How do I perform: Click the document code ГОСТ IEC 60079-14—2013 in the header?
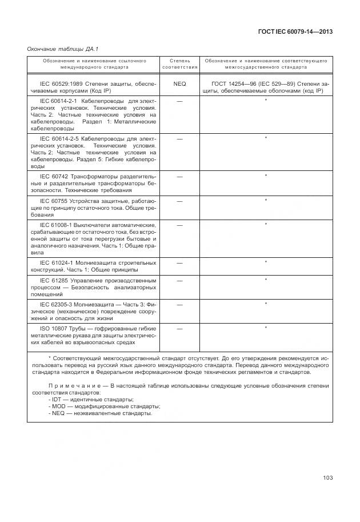(x=296, y=32)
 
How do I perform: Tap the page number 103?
(x=327, y=477)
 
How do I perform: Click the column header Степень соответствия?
(x=179, y=63)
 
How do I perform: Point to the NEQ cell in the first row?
(x=179, y=83)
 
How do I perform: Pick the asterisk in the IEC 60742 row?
(x=266, y=176)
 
